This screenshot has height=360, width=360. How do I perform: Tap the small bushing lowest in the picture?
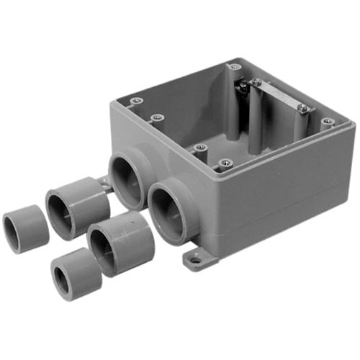pos(76,274)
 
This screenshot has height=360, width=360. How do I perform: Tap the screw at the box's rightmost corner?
pos(328,122)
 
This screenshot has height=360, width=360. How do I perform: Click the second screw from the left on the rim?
pos(157,116)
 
